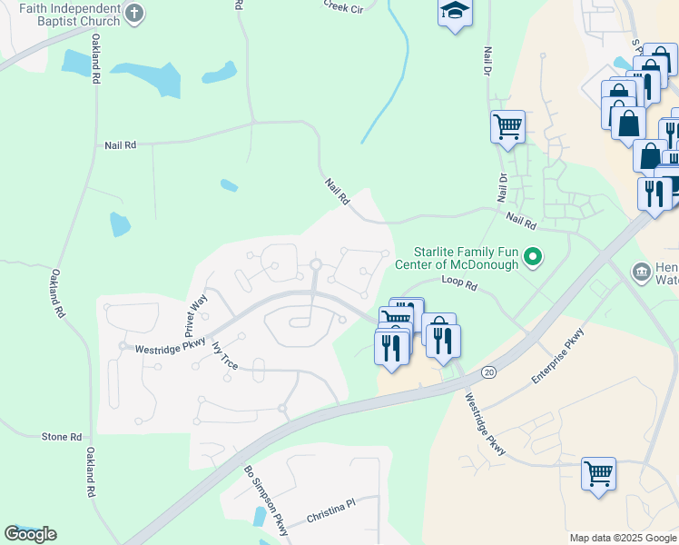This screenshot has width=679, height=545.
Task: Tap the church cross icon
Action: click(134, 14)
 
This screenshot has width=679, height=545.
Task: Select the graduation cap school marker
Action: click(454, 13)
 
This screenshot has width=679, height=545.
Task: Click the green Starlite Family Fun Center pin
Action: click(535, 259)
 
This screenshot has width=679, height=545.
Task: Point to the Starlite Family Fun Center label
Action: click(467, 258)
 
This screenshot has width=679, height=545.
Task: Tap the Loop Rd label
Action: click(458, 284)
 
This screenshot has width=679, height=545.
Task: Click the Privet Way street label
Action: click(197, 312)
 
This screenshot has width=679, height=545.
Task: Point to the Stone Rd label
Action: click(62, 437)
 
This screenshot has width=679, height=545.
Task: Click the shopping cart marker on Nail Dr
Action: click(507, 127)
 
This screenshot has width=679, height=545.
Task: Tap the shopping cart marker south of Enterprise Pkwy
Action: click(598, 472)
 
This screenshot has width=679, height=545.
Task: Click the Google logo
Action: click(30, 534)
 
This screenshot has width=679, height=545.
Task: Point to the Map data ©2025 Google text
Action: click(623, 538)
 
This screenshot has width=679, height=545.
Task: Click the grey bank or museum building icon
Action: click(641, 272)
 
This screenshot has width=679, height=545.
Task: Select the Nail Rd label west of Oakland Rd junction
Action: click(120, 144)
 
